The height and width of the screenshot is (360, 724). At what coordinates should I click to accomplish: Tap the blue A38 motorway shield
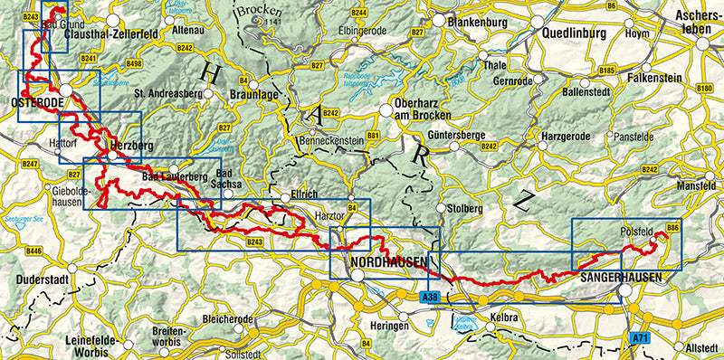click(x=432, y=296)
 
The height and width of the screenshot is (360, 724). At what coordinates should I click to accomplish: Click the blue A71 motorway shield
click(x=641, y=338)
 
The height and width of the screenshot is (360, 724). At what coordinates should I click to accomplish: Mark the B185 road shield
click(x=606, y=71)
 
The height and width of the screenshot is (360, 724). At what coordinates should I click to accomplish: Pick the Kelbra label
click(x=504, y=319)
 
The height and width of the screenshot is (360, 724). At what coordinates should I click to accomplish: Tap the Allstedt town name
click(x=702, y=348)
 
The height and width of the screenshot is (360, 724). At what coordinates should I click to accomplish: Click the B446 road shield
click(x=34, y=251)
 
